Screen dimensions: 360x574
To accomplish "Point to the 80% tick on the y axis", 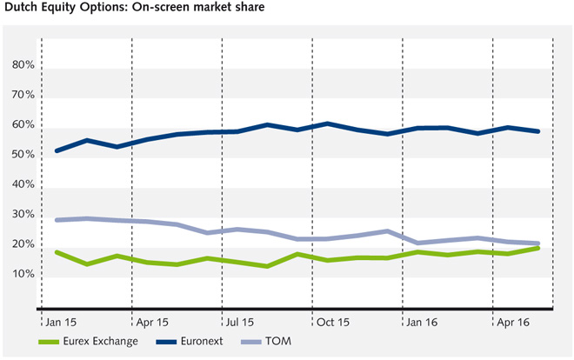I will coord(23,65).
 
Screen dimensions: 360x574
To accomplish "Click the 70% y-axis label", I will coord(23,95).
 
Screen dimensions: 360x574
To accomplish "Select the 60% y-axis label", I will coord(23,125).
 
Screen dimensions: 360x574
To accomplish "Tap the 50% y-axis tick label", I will coord(23,155).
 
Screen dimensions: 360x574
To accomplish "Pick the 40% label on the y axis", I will coord(23,185).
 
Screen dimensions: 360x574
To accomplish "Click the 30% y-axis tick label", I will coord(23,215).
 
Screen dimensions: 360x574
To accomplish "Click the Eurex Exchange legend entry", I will coord(99,341).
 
